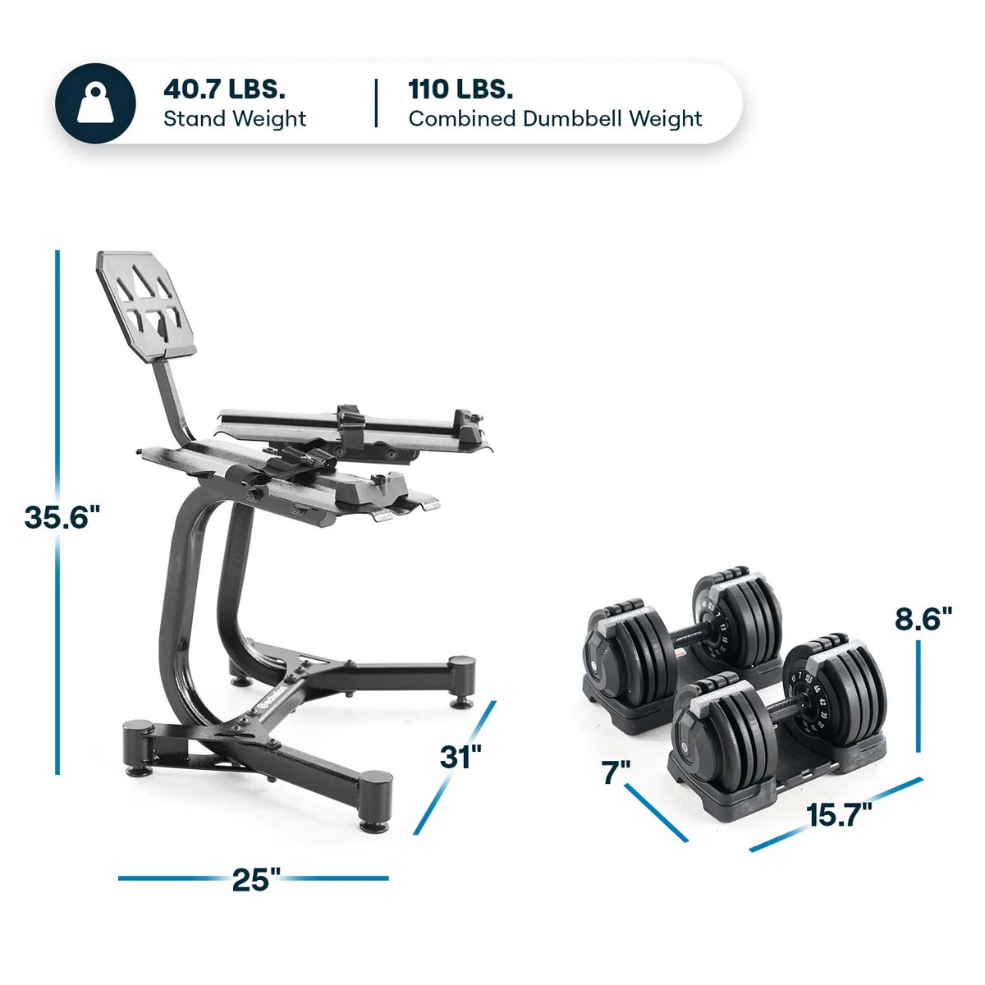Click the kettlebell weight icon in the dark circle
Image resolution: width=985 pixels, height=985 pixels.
tap(94, 103)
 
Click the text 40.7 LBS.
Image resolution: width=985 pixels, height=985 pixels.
tap(224, 88)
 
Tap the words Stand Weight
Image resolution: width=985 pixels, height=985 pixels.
tap(235, 119)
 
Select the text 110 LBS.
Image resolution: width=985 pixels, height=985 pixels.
tap(460, 88)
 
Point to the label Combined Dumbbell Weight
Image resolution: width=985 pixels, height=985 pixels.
tap(555, 119)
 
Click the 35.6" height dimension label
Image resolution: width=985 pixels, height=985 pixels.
tap(62, 518)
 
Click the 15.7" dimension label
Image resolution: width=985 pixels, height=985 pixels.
tap(838, 816)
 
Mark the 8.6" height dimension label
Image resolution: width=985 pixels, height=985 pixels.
tap(923, 618)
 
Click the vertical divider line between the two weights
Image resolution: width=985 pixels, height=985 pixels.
tap(377, 103)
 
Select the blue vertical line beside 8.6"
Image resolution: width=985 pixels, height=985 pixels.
tap(919, 696)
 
